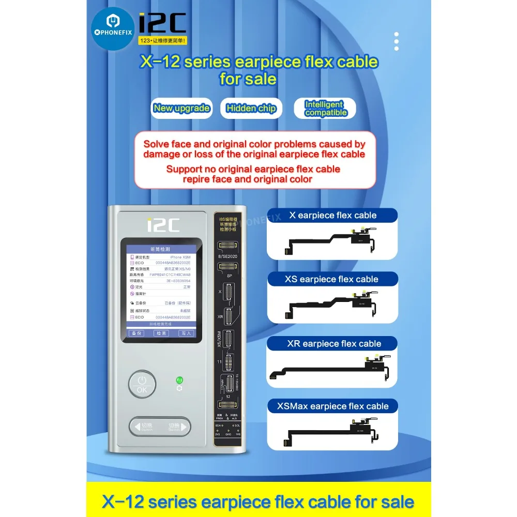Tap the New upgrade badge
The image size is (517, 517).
[181, 108]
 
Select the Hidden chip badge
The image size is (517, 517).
[251, 108]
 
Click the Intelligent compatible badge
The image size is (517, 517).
[325, 109]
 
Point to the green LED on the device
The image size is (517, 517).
[179, 379]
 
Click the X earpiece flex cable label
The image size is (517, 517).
[332, 215]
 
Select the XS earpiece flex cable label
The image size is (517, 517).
[331, 279]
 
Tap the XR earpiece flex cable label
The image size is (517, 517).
[334, 344]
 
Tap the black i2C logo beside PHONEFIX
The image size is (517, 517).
[162, 23]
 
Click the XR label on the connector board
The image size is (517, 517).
[221, 315]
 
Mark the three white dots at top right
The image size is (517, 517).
[397, 41]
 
